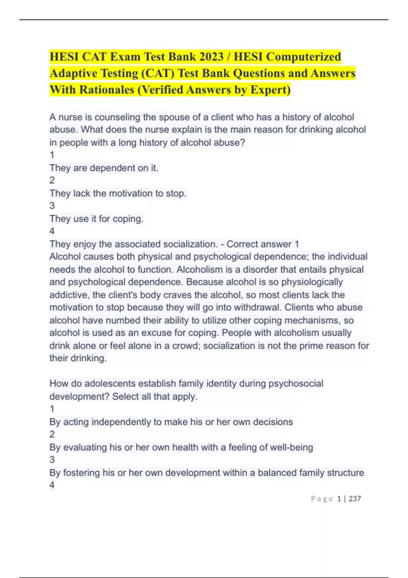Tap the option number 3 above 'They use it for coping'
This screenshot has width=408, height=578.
click(52, 206)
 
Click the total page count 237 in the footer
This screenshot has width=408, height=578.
click(355, 499)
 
